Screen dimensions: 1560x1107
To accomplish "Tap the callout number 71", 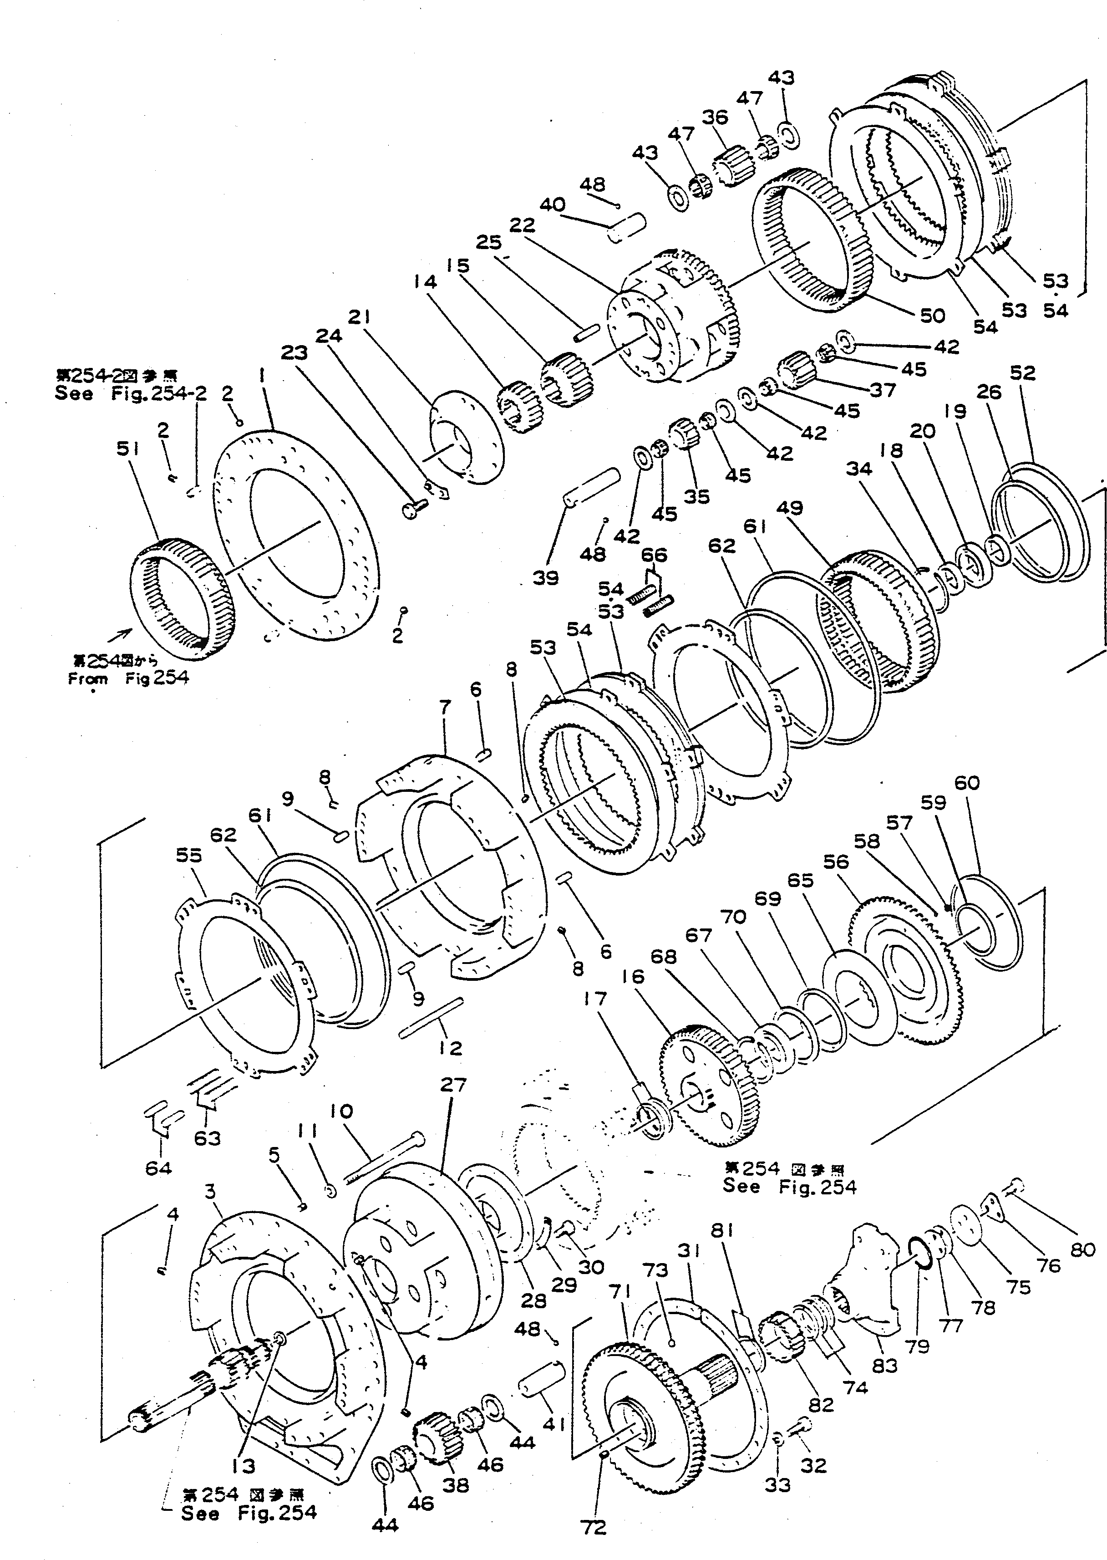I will (x=620, y=1292).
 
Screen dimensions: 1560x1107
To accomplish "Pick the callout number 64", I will (x=157, y=1168).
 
